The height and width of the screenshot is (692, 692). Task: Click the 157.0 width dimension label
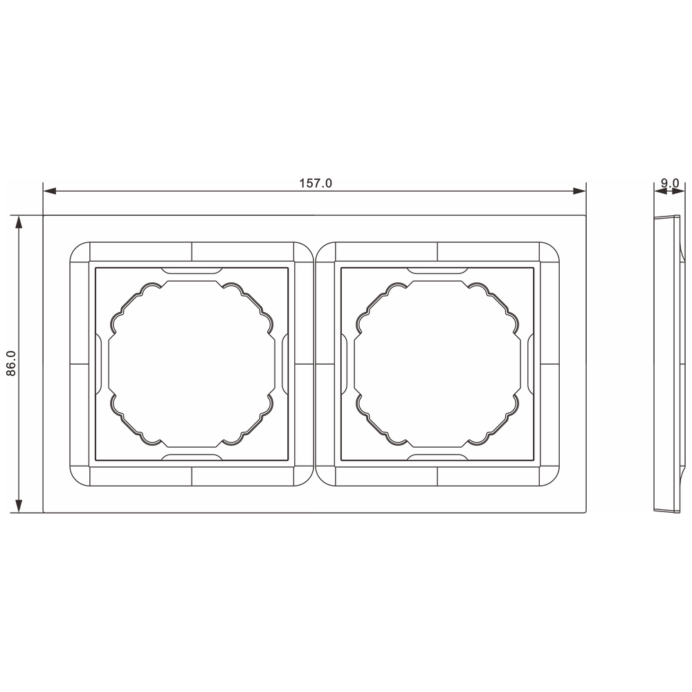pyautogui.click(x=316, y=183)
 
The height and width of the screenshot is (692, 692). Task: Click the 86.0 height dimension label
pyautogui.click(x=11, y=364)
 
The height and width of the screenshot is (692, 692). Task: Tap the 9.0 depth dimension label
pyautogui.click(x=670, y=183)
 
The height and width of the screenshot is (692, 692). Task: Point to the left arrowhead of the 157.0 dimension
pyautogui.click(x=50, y=191)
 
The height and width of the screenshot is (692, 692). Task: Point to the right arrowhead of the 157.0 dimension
pyautogui.click(x=579, y=191)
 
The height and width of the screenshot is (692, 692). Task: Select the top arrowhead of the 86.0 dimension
pyautogui.click(x=19, y=222)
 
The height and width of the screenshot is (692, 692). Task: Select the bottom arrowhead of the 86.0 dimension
pyautogui.click(x=19, y=506)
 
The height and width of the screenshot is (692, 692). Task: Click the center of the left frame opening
pyautogui.click(x=192, y=364)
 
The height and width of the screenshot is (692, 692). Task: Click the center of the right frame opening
pyautogui.click(x=437, y=364)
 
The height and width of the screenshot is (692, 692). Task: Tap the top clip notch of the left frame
pyautogui.click(x=192, y=270)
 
